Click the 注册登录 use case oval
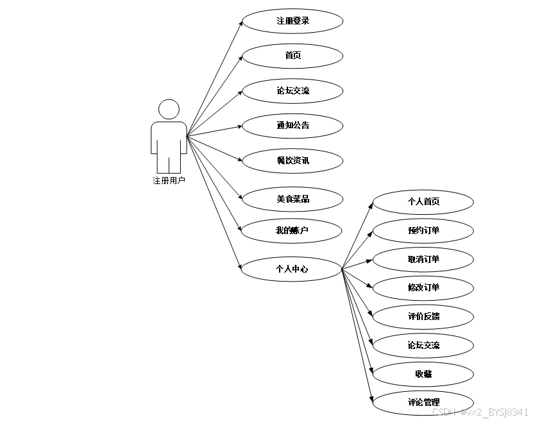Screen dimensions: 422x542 point(292,21)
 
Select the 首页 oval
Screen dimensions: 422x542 point(292,56)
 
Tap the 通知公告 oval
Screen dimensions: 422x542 point(292,125)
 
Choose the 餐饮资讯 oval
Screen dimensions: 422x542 point(292,160)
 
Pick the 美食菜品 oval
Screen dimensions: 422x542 point(292,199)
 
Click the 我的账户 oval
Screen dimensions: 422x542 point(292,230)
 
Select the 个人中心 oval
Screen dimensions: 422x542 point(291,269)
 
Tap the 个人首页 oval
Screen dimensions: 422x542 point(423,201)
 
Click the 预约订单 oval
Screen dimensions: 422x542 point(423,230)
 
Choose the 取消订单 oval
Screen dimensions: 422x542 point(423,259)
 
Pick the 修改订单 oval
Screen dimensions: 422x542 point(423,287)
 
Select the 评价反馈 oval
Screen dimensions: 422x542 point(423,316)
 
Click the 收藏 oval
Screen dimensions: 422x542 point(423,374)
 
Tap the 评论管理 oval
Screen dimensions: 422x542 point(423,403)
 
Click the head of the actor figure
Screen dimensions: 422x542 point(169,109)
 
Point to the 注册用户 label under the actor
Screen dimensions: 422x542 point(169,181)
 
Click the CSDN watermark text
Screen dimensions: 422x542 point(480,412)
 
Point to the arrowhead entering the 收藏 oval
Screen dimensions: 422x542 point(371,372)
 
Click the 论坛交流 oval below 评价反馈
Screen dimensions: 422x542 point(423,345)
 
